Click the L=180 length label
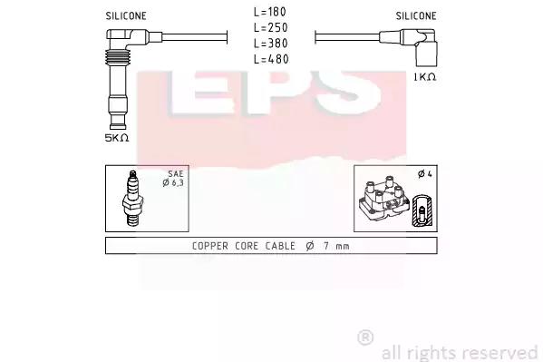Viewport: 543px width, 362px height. (270, 12)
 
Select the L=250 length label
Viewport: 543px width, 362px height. (270, 27)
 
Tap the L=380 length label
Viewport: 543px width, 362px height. (270, 44)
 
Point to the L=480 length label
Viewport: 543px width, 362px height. (271, 59)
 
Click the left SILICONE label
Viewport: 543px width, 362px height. (126, 16)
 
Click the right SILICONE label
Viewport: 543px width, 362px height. (416, 16)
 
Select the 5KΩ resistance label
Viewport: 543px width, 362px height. (117, 138)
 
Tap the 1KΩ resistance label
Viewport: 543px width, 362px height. (425, 77)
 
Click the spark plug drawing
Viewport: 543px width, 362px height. (132, 199)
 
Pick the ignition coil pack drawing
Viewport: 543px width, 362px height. (384, 199)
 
